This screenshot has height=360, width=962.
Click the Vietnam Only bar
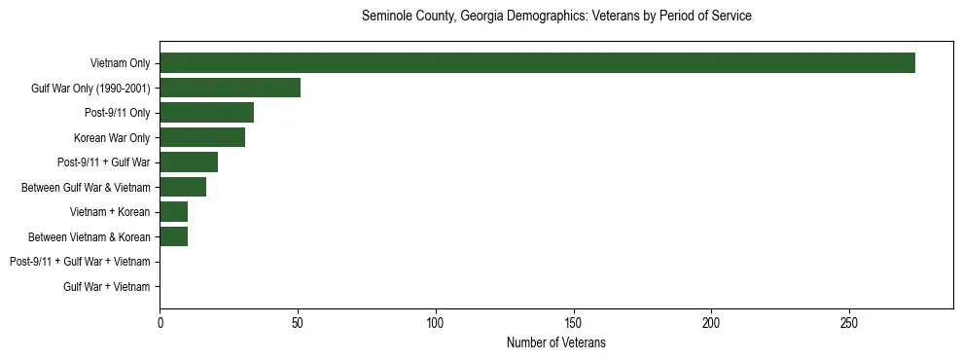pos(537,63)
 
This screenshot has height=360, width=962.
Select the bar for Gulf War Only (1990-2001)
pos(230,88)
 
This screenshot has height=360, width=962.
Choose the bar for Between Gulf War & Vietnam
pos(183,187)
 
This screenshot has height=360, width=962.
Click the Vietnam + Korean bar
pos(174,212)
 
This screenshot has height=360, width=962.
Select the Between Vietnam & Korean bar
pos(174,236)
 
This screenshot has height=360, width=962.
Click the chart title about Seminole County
pos(556,17)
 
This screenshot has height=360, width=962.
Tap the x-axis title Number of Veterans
pos(556,342)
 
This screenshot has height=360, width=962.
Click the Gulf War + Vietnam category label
pos(107,287)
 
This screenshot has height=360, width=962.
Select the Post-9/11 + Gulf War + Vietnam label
pos(80,262)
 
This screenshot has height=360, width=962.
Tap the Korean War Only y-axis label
pos(112,138)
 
